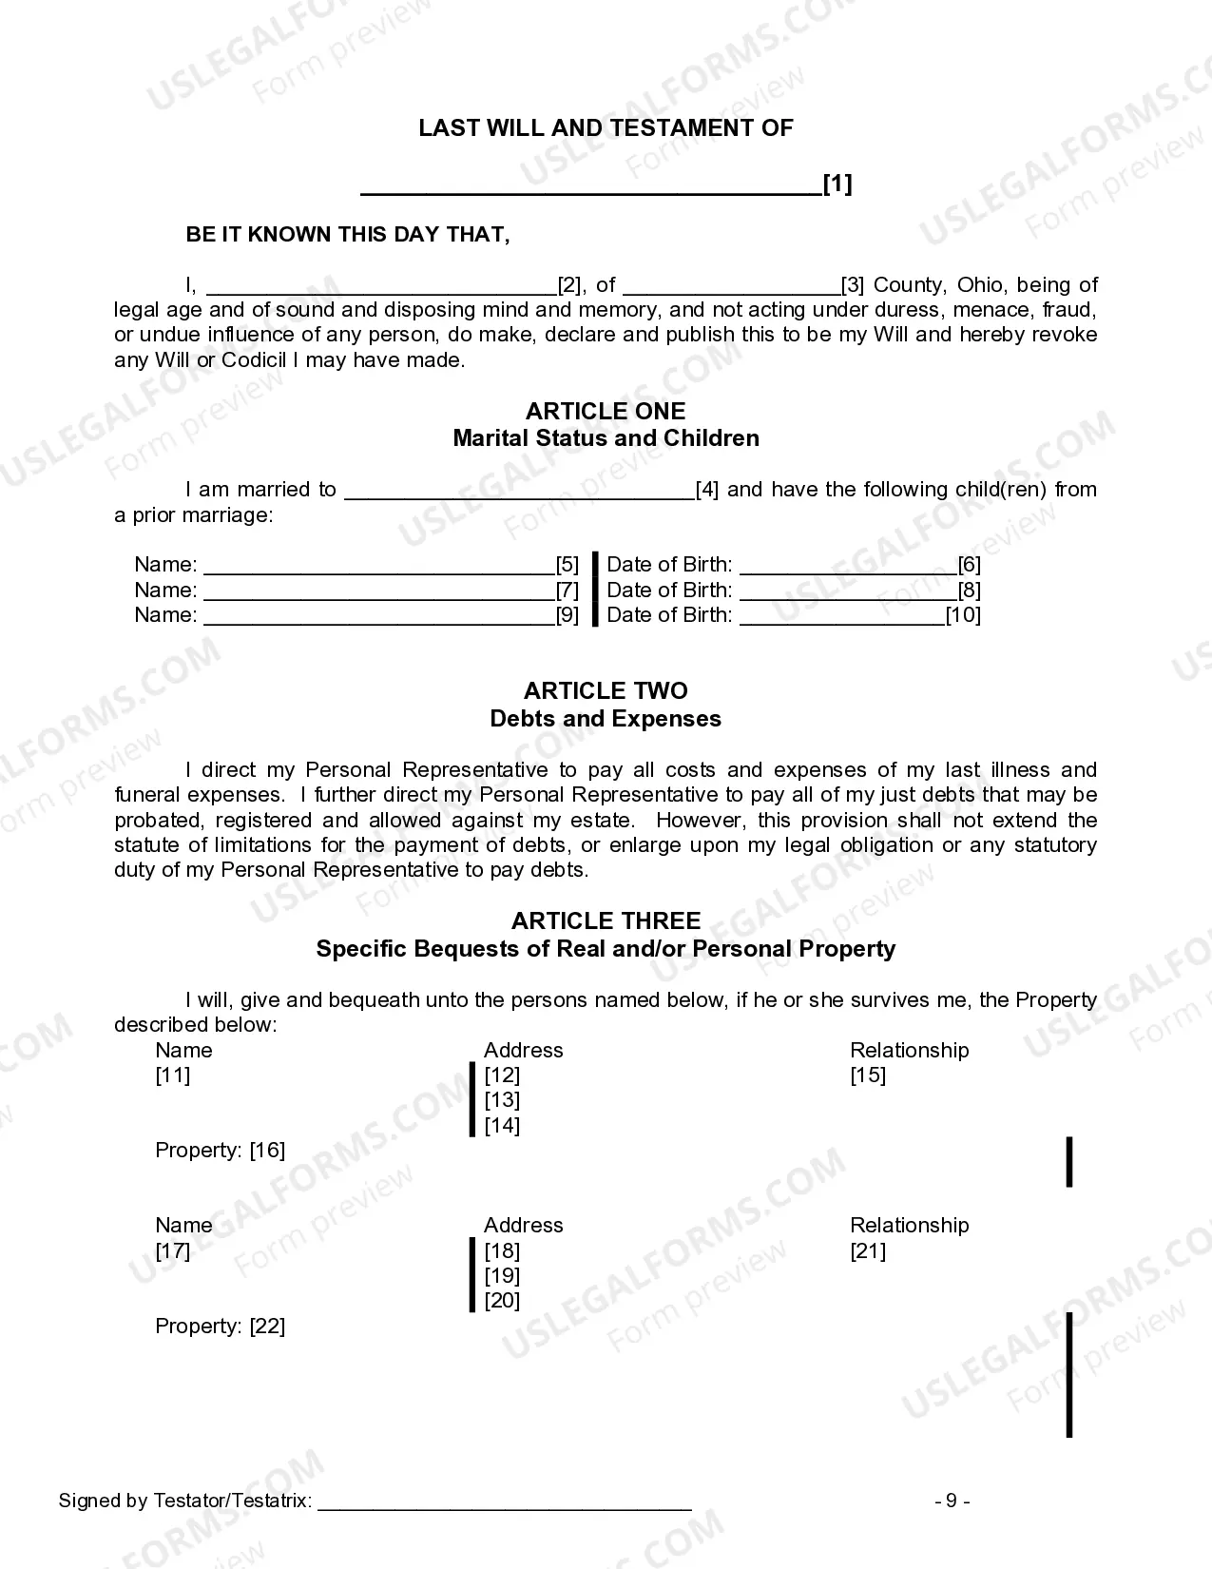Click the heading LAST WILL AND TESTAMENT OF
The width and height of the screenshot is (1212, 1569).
(x=606, y=128)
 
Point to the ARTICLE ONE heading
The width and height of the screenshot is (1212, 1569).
(x=606, y=411)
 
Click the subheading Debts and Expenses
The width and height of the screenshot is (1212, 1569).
(x=606, y=719)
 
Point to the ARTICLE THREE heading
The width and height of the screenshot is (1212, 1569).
(x=606, y=920)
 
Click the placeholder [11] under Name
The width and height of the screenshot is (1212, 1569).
(x=173, y=1075)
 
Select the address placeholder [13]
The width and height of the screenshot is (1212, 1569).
(x=502, y=1100)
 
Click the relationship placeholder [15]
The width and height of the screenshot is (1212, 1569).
(x=867, y=1075)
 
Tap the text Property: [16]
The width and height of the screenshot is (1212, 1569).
(x=221, y=1151)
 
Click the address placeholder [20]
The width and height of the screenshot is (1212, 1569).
(x=502, y=1301)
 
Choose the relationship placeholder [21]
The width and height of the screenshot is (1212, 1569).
(x=867, y=1251)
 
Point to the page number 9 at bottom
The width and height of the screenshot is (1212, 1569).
(x=952, y=1501)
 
